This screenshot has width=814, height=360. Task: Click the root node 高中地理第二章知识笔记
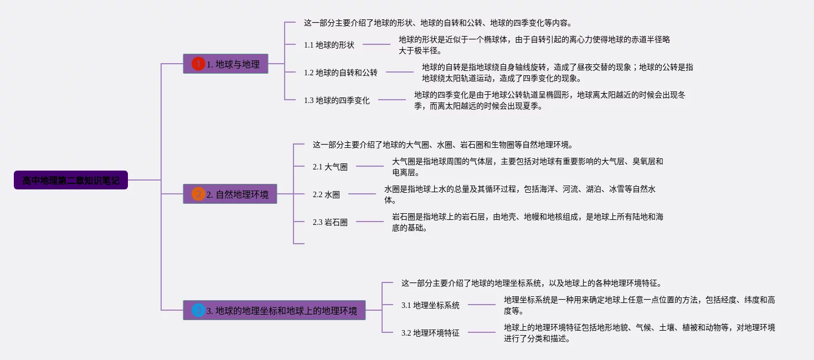(71, 180)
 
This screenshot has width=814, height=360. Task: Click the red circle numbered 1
(198, 64)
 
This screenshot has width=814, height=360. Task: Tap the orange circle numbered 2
(198, 194)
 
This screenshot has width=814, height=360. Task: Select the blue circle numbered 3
(198, 310)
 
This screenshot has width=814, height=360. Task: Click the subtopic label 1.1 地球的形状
(329, 45)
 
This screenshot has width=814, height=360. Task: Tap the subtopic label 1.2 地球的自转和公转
(341, 73)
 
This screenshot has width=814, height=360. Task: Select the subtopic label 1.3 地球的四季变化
(337, 100)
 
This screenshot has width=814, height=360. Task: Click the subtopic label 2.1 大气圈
(330, 166)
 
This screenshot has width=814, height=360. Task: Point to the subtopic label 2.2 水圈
(326, 194)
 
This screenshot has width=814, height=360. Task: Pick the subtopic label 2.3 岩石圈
(330, 222)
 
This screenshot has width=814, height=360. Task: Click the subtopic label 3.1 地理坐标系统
(430, 305)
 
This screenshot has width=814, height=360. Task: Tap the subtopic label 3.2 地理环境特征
(430, 333)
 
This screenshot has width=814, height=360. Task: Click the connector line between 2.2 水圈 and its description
(362, 194)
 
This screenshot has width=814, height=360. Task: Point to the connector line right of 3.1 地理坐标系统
(481, 305)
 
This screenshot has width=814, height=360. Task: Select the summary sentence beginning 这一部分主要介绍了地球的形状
(437, 23)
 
